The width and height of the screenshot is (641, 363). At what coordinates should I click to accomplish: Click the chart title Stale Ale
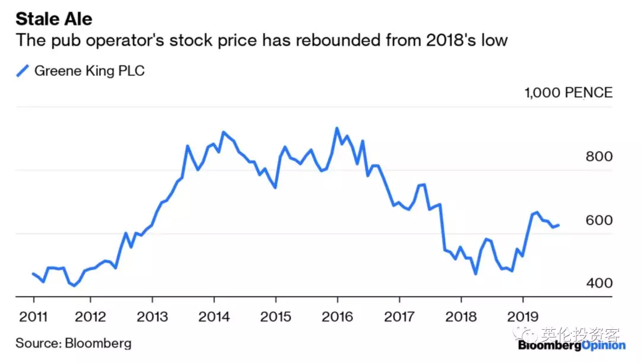tap(54, 19)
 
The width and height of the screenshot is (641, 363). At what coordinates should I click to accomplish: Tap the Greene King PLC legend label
tap(90, 71)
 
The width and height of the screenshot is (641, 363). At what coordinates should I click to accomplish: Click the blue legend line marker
tap(23, 71)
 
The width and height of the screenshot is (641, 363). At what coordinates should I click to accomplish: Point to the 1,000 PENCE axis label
tap(568, 93)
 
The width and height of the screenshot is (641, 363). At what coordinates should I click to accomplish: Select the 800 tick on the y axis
tap(599, 157)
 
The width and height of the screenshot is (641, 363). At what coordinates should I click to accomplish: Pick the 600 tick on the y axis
tap(599, 220)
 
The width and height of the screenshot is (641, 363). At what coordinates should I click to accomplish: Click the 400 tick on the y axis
tap(599, 283)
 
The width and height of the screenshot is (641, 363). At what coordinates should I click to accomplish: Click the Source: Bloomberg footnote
tap(74, 343)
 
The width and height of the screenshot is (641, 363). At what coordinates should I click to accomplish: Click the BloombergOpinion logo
tap(571, 345)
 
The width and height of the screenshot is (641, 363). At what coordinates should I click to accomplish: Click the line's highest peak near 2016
tap(337, 128)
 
